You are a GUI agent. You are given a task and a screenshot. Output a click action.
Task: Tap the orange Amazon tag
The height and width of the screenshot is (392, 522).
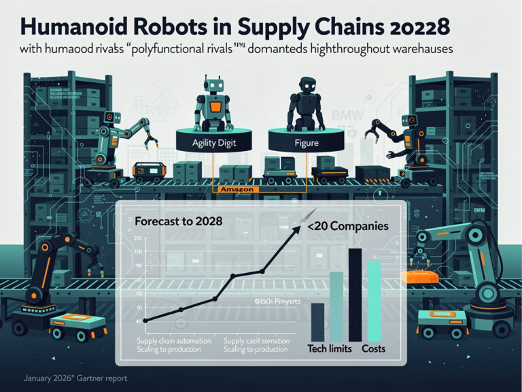[x=237, y=190]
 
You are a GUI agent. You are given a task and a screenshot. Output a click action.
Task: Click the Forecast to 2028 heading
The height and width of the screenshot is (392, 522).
[x=178, y=221]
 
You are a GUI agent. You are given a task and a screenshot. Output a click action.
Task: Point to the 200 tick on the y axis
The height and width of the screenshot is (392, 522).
[x=138, y=238]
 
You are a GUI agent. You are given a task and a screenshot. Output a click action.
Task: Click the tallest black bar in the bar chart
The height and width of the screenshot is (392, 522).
[x=354, y=294]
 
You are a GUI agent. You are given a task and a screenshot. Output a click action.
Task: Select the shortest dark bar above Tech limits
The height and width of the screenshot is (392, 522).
[x=317, y=321]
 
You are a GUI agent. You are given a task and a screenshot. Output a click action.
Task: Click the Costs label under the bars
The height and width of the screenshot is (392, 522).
[x=372, y=348]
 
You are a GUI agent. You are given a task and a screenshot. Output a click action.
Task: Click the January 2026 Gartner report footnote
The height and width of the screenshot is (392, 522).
[x=75, y=378]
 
